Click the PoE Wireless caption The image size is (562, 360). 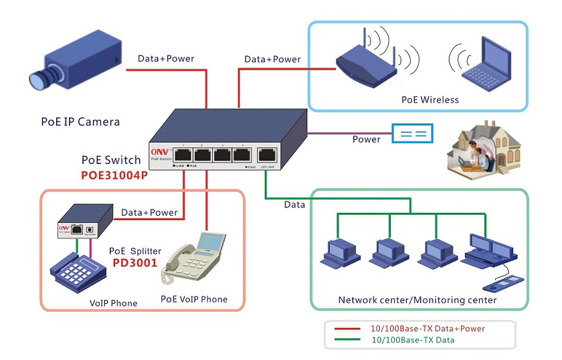430,100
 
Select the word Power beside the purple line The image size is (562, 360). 366,139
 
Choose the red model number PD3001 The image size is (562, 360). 135,263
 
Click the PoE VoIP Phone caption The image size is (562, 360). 194,299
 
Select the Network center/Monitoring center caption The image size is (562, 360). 417,300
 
